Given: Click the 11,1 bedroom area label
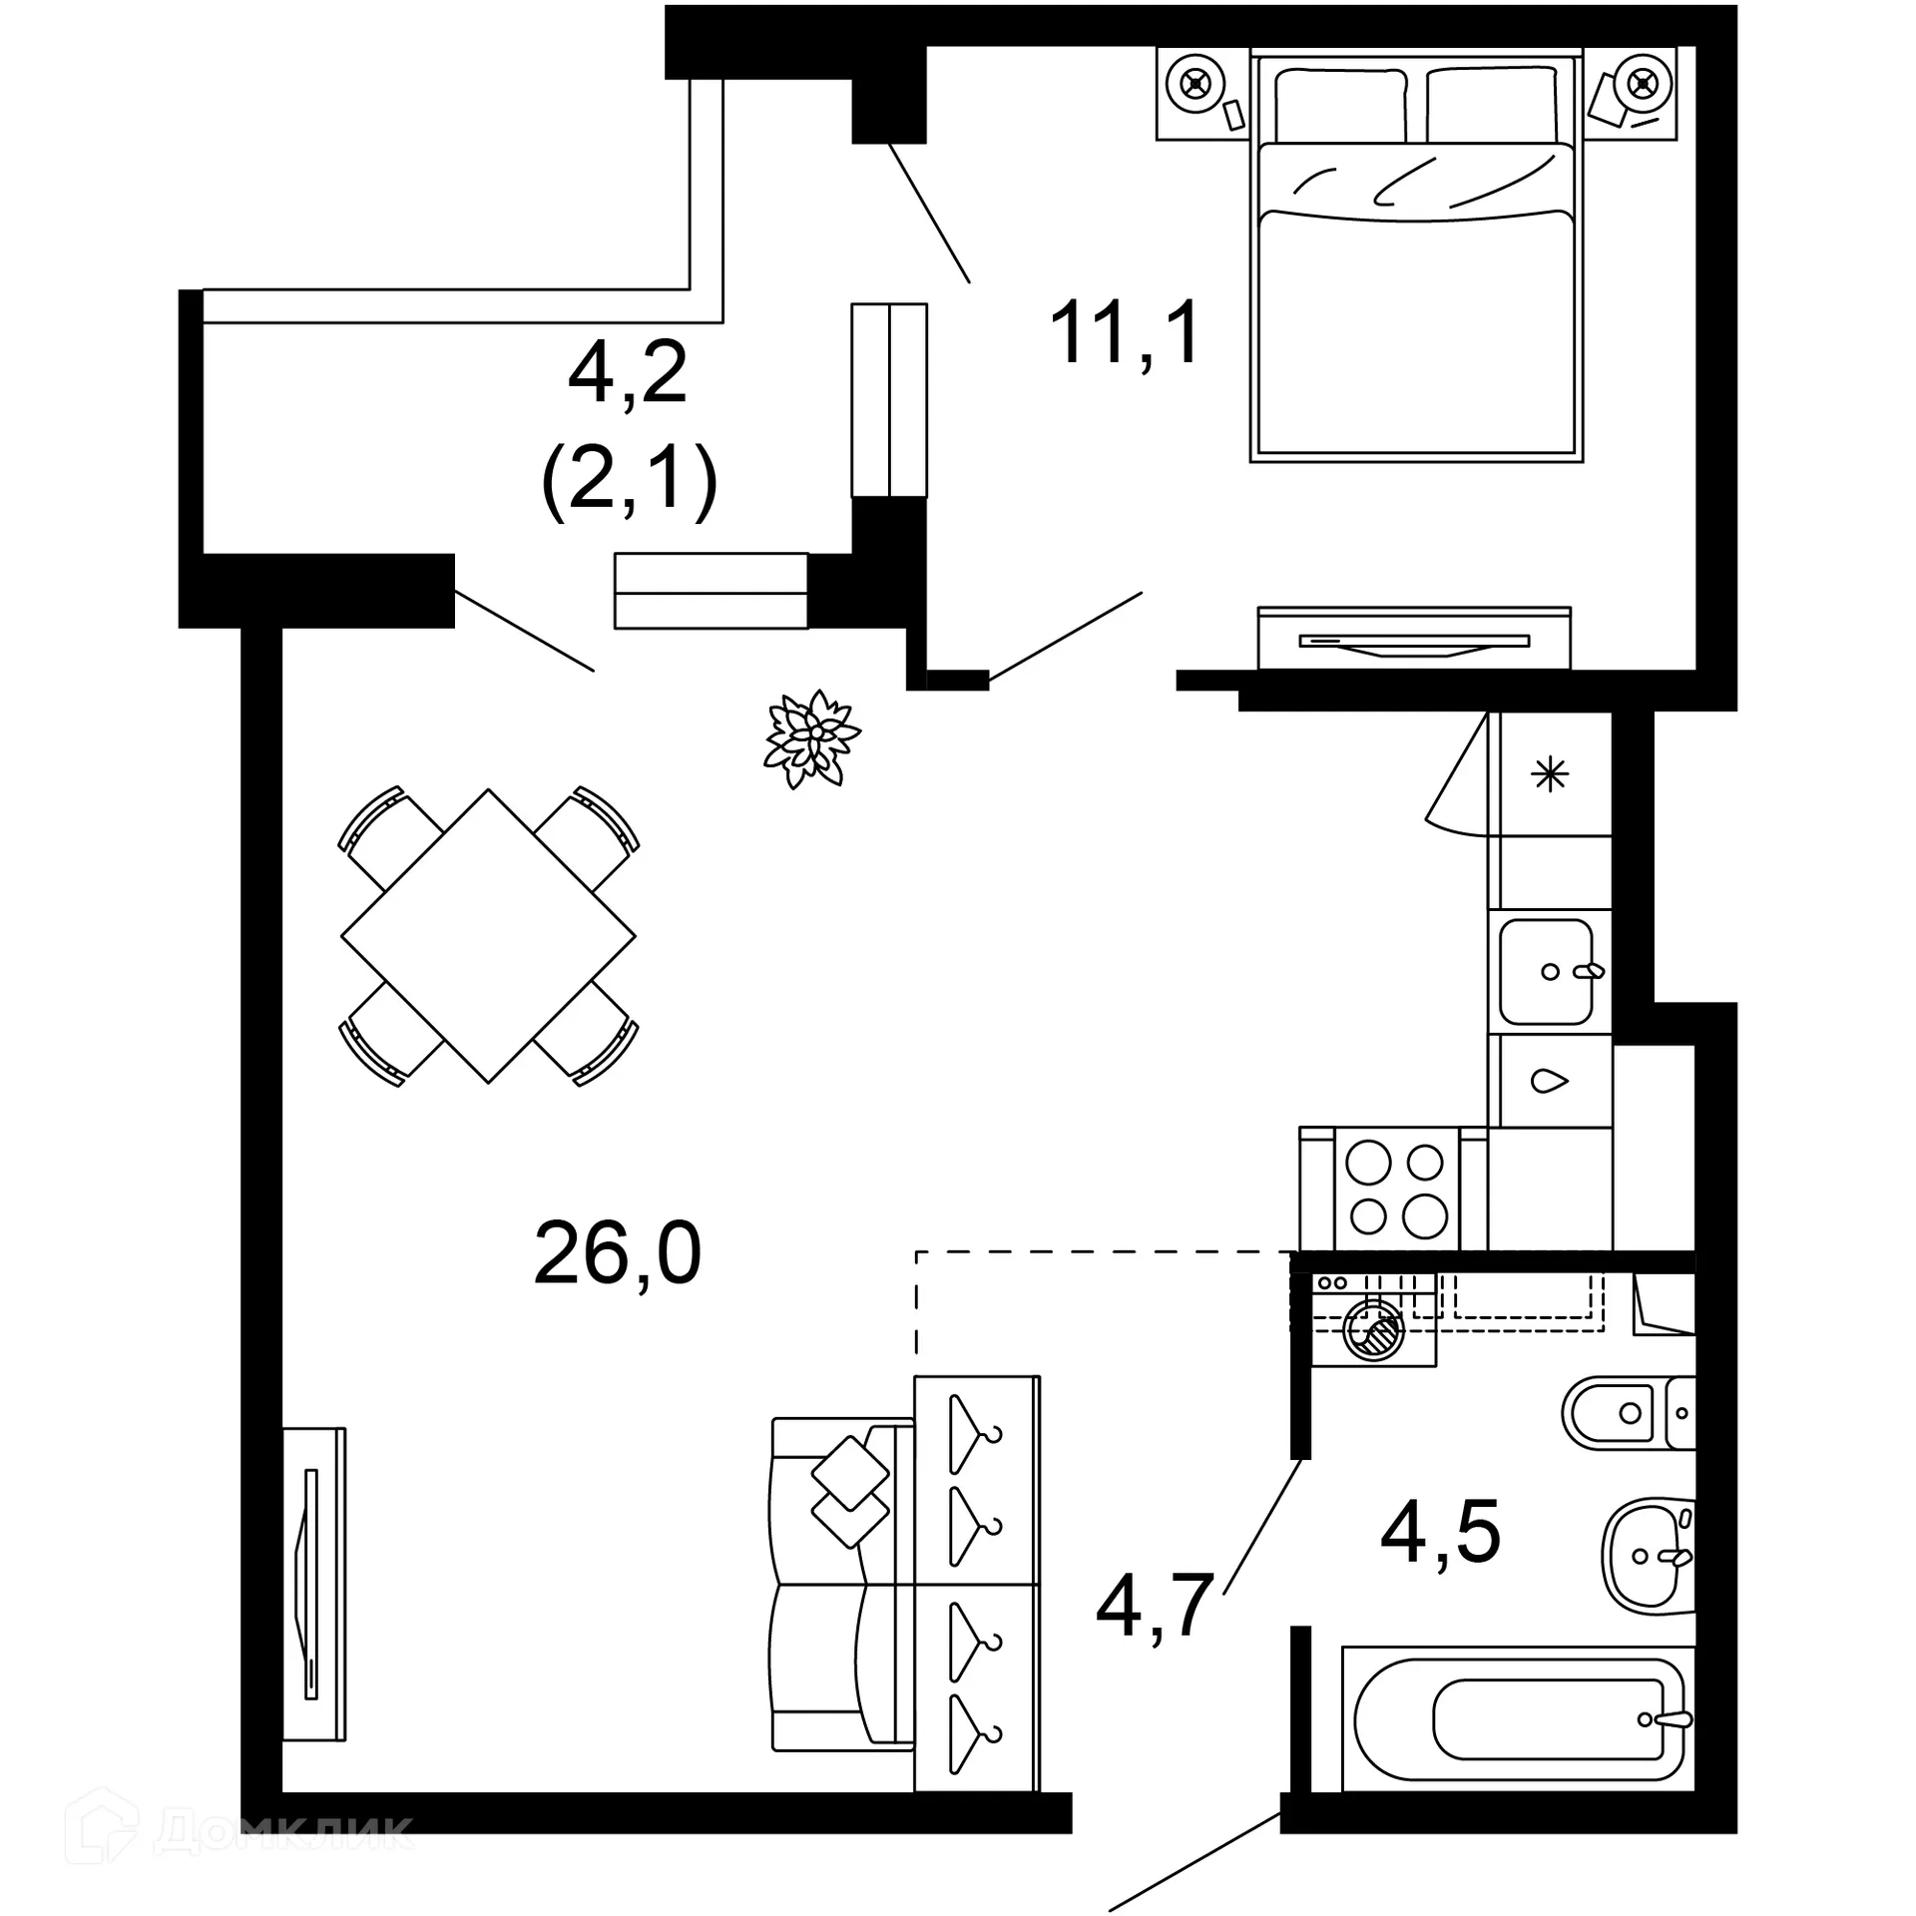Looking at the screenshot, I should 1125,332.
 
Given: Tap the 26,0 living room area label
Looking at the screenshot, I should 617,1254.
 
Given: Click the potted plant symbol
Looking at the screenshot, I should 811,738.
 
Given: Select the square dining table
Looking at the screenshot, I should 488,936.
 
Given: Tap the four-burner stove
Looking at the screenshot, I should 1396,1190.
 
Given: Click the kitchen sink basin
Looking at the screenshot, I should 1545,971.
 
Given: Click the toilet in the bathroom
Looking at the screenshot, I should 1622,1413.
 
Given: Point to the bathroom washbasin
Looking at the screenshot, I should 1647,1552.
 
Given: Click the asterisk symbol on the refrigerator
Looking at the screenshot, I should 1550,774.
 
